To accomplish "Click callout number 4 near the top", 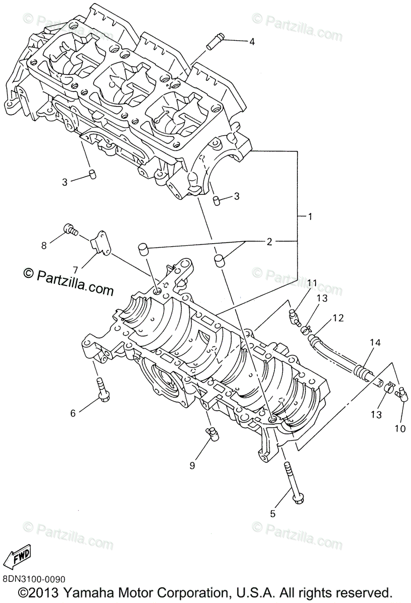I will coord(252,42).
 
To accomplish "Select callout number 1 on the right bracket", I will coord(310,217).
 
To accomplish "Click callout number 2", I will coord(269,242).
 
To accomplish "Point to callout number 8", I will coord(44,245).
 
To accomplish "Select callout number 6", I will coord(73,413).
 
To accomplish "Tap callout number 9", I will coord(192,466).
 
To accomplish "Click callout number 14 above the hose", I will coord(375,343).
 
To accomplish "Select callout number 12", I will coord(338,318).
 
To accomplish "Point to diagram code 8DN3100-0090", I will coord(33,579).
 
